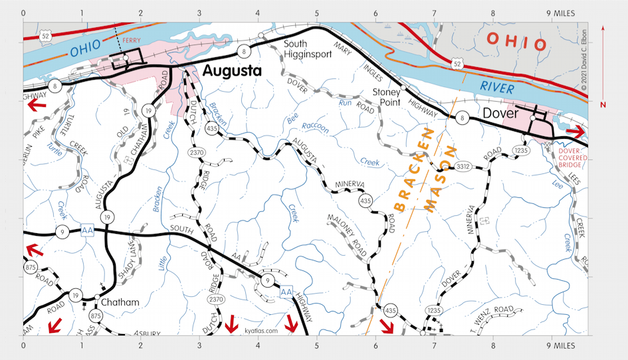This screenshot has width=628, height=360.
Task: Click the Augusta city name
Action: (x=232, y=70)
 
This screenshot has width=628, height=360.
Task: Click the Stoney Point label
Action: (x=387, y=96)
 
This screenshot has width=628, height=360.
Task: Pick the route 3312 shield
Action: (x=463, y=166)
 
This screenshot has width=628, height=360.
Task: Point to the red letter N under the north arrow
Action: (x=602, y=105)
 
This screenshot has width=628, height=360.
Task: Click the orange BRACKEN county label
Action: (x=413, y=169)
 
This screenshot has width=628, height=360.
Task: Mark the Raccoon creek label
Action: (x=315, y=126)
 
